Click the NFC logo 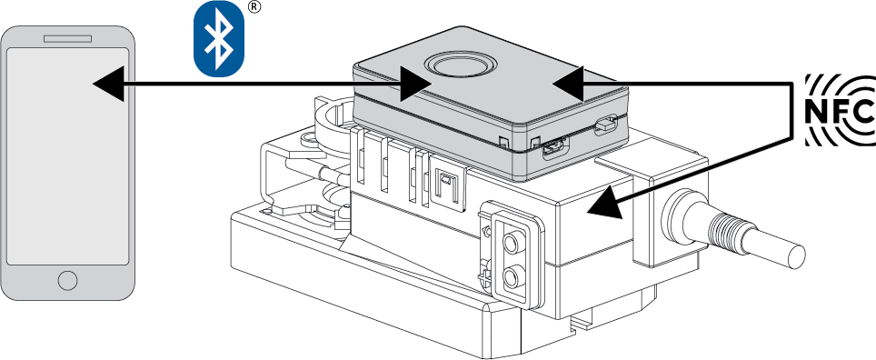(840, 111)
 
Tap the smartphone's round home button (67, 280)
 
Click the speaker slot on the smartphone (67, 39)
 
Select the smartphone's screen (67, 156)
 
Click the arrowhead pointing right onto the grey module (415, 84)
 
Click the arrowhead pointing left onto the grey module (568, 84)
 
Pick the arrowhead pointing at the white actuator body (604, 203)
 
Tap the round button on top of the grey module (460, 65)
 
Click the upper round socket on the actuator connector (510, 243)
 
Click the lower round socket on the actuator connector (511, 276)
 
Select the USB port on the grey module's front (554, 148)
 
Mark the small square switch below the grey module (446, 179)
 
